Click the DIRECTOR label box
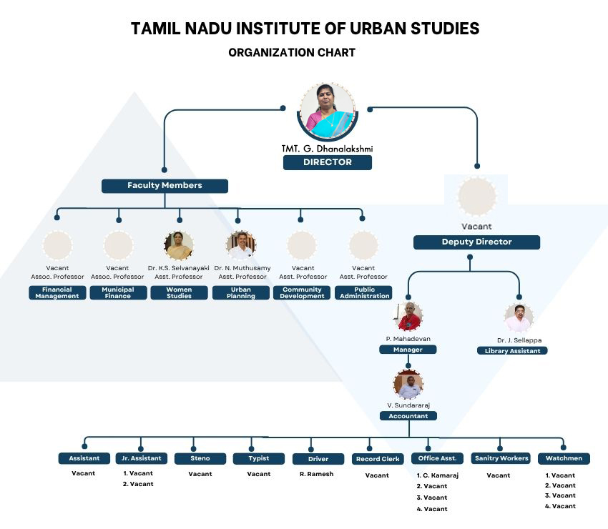click(327, 162)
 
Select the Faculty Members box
click(165, 186)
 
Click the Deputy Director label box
click(476, 242)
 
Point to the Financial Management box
click(57, 293)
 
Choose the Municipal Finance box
click(118, 293)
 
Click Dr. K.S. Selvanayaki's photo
click(178, 245)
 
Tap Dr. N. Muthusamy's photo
click(241, 245)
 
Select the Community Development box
click(302, 293)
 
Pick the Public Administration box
click(364, 293)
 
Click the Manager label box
click(408, 350)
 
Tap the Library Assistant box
click(512, 351)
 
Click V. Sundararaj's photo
click(408, 385)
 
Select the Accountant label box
click(408, 415)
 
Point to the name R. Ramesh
click(316, 474)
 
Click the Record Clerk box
click(377, 459)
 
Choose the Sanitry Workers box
click(501, 458)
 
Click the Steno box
click(200, 459)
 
